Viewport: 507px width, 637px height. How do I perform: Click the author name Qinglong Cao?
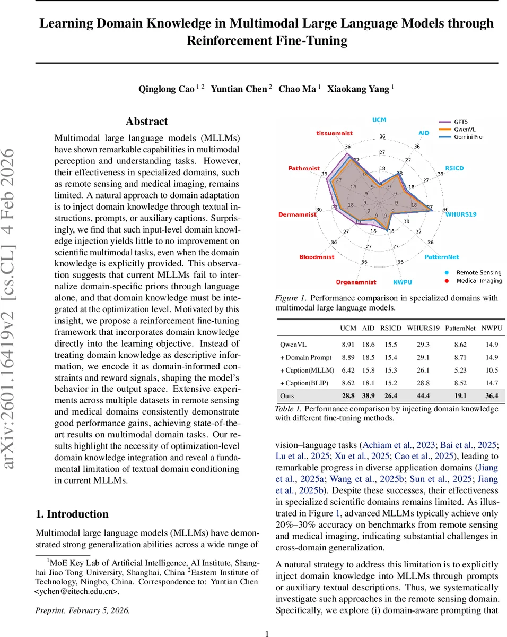click(x=166, y=89)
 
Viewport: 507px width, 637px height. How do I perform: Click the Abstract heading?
click(x=146, y=122)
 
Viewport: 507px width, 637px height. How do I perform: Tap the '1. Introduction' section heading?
click(x=72, y=514)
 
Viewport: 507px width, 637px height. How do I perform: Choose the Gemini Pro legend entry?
click(x=468, y=136)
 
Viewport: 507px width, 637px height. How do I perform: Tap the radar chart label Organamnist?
click(x=356, y=282)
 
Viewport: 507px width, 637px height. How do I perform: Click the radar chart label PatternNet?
click(x=441, y=257)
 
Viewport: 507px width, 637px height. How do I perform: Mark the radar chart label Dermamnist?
click(x=297, y=214)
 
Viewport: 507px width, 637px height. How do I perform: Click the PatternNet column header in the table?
click(x=459, y=328)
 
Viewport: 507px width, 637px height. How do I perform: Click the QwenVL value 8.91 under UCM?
click(x=347, y=344)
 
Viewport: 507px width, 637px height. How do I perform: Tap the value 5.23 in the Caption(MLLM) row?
click(x=459, y=369)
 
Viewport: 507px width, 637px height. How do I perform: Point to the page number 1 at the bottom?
click(x=267, y=633)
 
